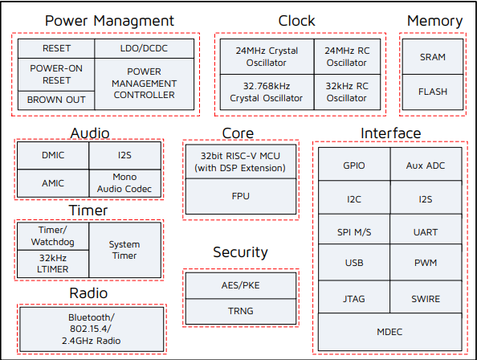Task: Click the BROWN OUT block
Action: (56, 100)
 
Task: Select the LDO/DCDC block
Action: (144, 48)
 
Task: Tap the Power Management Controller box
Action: (144, 84)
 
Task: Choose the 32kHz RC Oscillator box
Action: (346, 92)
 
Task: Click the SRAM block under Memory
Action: (433, 57)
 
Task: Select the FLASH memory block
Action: (433, 92)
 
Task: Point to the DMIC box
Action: (52, 154)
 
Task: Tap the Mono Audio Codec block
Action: (124, 182)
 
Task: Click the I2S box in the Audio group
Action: (124, 154)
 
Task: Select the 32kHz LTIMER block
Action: (52, 263)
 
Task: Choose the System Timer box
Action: (124, 249)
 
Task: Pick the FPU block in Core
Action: (240, 194)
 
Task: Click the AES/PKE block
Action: (240, 285)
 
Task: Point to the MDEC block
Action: (389, 332)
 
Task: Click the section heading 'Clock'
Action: (297, 20)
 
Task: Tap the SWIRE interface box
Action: (426, 299)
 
